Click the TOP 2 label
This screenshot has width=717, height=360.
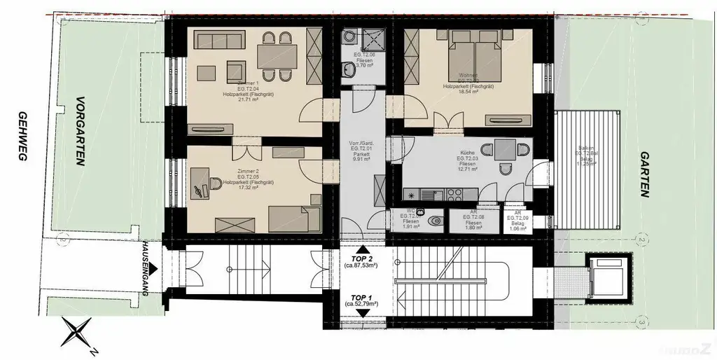coord(361,259)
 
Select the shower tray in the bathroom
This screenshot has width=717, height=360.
coord(365,40)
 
